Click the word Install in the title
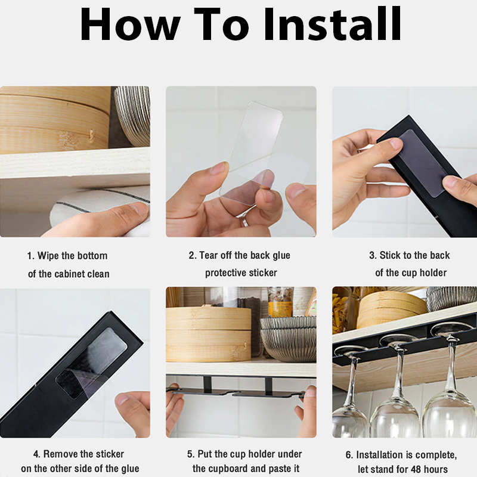333,23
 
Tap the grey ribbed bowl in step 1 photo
133,116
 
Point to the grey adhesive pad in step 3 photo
423,163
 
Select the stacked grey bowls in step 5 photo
289,339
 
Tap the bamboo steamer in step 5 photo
209,334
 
